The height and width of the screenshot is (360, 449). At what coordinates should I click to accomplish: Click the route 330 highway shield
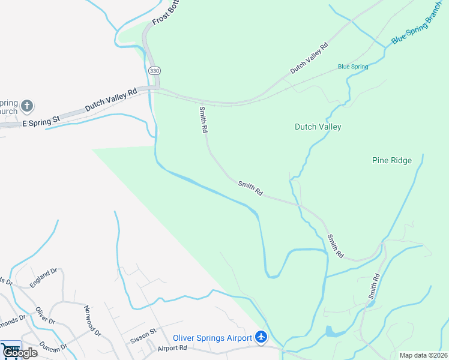click(155, 71)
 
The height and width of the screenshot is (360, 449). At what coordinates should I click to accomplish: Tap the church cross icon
click(26, 107)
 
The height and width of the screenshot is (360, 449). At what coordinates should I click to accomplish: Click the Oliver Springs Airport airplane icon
click(261, 337)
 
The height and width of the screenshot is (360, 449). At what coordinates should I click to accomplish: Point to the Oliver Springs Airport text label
click(212, 338)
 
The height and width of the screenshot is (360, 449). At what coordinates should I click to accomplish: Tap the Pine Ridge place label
click(392, 160)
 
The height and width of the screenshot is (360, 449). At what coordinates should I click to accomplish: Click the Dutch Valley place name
click(318, 127)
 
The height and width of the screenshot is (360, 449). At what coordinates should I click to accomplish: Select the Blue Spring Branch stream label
click(420, 29)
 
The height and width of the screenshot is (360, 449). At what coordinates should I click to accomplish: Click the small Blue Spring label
click(353, 67)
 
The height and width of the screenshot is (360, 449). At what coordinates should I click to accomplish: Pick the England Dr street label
click(43, 278)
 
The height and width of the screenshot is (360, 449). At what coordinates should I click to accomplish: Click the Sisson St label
click(143, 335)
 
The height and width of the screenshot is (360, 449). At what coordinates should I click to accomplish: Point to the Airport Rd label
click(172, 348)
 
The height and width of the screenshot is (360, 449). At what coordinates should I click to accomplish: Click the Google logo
click(19, 353)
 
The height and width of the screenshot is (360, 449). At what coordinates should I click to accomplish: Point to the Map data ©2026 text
click(424, 355)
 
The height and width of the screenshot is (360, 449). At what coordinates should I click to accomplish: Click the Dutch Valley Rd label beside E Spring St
click(112, 100)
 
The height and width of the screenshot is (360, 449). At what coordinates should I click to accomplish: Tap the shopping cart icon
click(10, 348)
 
